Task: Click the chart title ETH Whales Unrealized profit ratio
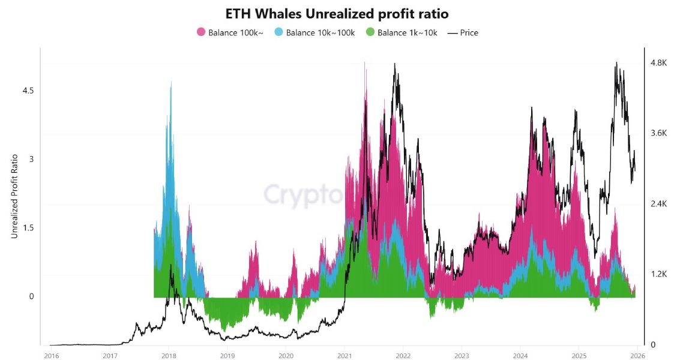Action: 337,13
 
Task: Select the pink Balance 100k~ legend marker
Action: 201,32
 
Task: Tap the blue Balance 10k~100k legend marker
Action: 278,32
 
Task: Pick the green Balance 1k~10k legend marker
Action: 370,32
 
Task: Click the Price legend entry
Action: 463,32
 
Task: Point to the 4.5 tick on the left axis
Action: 28,91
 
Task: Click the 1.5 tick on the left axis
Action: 28,228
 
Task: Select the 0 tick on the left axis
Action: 31,296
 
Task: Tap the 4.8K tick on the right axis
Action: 658,63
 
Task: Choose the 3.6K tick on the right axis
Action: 658,133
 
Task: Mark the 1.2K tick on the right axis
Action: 658,274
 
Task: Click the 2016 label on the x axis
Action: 51,355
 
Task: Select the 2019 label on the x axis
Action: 227,355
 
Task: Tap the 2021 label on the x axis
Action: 345,355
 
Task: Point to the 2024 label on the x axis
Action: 520,355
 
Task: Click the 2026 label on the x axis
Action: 637,355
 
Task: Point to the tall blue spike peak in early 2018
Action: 171,83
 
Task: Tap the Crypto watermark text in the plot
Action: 303,195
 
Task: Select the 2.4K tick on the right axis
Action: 658,204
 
